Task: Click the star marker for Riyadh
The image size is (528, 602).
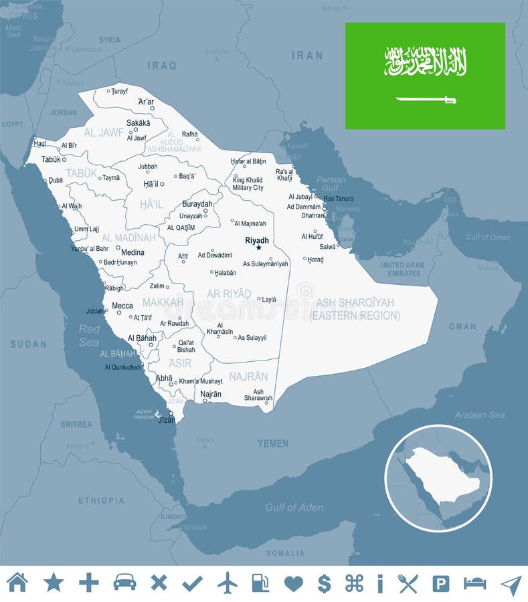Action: (258, 248)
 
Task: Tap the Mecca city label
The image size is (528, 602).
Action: (122, 306)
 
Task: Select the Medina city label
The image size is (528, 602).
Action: (133, 253)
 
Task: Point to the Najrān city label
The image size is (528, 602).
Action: (211, 394)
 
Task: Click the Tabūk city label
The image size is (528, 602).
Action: (50, 159)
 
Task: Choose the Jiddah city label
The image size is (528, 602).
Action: (95, 311)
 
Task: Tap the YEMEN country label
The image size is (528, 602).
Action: (273, 443)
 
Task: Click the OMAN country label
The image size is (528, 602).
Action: (462, 326)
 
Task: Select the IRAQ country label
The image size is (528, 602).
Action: (163, 66)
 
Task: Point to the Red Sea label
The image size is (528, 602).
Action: (89, 335)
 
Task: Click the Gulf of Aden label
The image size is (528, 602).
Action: (294, 508)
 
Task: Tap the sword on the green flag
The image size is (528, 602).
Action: (426, 100)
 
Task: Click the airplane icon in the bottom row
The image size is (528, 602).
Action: (228, 583)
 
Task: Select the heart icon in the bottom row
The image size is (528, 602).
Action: (293, 583)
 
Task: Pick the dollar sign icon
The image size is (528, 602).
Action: (324, 583)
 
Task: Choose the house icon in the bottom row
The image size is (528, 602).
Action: (17, 583)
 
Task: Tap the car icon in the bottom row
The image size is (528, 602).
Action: (124, 583)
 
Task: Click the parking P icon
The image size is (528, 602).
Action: (440, 583)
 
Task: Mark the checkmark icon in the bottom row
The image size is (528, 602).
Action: (192, 583)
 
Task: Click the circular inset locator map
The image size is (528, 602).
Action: (438, 478)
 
